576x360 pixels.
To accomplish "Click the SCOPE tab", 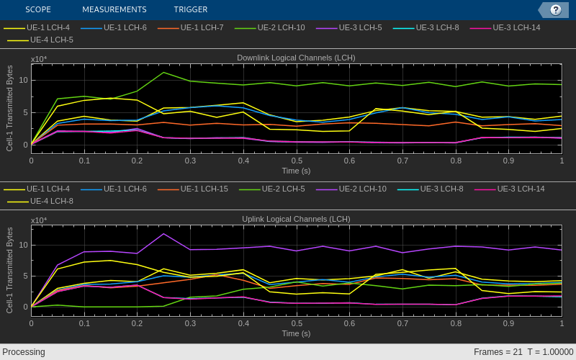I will click(x=37, y=9).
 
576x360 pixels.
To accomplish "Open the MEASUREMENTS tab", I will click(x=114, y=9).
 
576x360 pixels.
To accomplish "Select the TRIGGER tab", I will click(x=191, y=9).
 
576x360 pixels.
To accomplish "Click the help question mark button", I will click(x=555, y=9).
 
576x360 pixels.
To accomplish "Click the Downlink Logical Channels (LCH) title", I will click(x=296, y=58).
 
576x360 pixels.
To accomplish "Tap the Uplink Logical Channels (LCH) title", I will click(x=296, y=219).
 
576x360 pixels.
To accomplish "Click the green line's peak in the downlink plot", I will click(x=163, y=72).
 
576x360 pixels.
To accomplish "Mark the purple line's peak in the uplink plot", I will click(x=163, y=233).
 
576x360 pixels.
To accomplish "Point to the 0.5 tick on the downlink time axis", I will click(x=297, y=160).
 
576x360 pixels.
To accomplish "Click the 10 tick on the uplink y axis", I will click(x=24, y=245).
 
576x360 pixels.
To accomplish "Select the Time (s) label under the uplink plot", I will click(x=296, y=333).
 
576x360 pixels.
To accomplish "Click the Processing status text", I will click(x=24, y=352).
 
